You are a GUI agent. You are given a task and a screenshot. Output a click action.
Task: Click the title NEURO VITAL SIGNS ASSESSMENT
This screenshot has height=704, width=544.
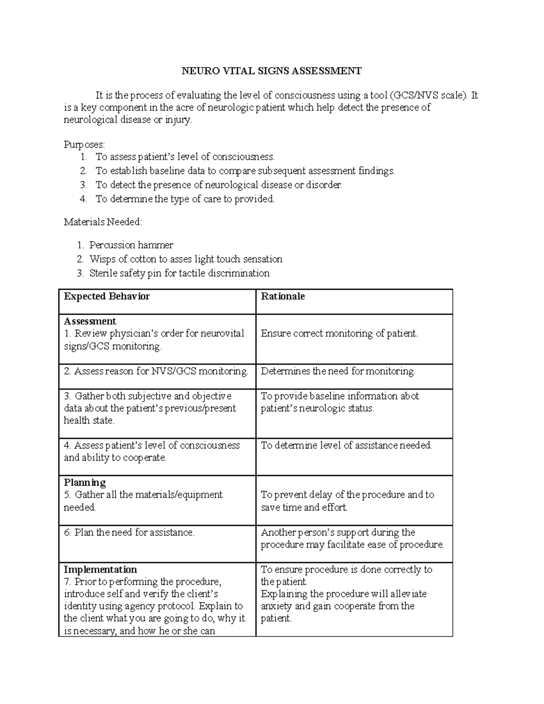click(272, 71)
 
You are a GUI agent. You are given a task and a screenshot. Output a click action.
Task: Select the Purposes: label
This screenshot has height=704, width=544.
click(84, 145)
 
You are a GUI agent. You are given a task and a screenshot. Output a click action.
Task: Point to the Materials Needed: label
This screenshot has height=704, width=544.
click(103, 222)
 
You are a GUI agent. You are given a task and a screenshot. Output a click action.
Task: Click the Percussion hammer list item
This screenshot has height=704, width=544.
click(131, 245)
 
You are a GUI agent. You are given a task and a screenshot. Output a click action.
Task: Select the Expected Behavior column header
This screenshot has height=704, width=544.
click(107, 296)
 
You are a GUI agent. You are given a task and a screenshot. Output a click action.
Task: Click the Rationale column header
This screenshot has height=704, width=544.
click(283, 296)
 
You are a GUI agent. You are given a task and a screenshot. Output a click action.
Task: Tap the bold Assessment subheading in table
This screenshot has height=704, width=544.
click(90, 321)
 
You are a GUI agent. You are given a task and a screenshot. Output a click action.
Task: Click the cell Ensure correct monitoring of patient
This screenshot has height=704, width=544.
click(339, 334)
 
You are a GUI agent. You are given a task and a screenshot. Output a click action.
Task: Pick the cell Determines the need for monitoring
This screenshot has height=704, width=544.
click(338, 371)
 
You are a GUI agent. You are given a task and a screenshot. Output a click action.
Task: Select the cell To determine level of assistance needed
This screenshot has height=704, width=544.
click(346, 446)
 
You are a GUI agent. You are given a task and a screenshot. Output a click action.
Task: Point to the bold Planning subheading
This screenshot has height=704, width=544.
click(85, 482)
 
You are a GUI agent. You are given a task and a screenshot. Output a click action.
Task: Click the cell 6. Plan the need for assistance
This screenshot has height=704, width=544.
click(129, 533)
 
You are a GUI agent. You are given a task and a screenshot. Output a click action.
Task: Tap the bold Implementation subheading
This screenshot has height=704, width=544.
click(100, 570)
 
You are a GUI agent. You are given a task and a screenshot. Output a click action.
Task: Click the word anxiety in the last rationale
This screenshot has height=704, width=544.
click(276, 607)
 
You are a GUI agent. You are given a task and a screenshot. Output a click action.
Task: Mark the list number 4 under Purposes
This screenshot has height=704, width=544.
click(83, 199)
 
